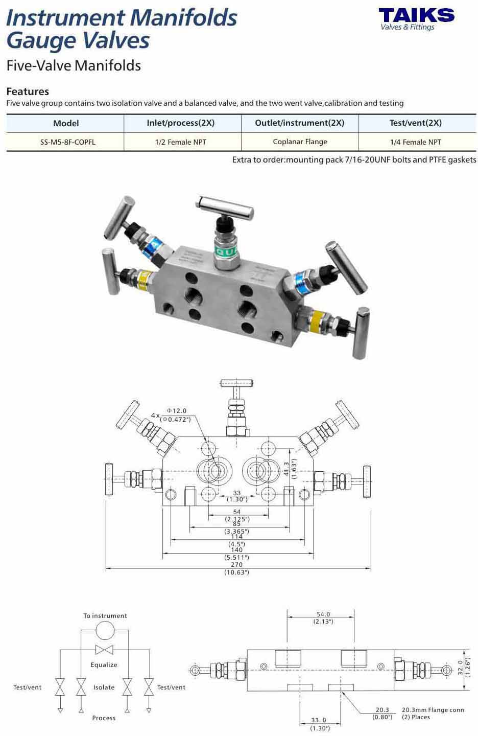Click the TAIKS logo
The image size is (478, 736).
(417, 19)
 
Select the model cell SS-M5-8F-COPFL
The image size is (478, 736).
(67, 142)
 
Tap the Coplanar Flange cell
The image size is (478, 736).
(300, 142)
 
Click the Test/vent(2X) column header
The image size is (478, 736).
(415, 123)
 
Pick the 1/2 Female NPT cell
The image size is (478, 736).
(181, 142)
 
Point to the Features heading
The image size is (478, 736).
(28, 91)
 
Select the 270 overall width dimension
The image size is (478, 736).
(236, 564)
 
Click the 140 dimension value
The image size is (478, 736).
(236, 550)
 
